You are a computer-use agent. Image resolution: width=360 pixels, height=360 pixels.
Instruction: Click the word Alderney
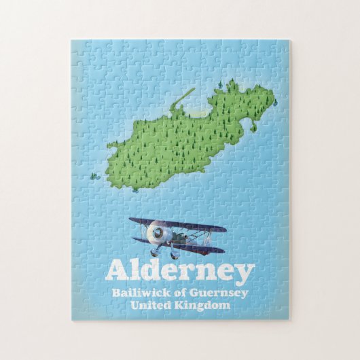pyautogui.click(x=179, y=272)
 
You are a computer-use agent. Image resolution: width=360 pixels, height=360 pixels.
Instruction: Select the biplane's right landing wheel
pyautogui.click(x=174, y=255)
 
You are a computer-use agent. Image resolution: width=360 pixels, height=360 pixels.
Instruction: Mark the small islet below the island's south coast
pyautogui.click(x=136, y=190)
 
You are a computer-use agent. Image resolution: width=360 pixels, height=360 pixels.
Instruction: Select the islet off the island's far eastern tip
pyautogui.click(x=274, y=103)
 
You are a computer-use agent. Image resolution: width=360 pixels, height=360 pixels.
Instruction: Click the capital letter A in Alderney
pyautogui.click(x=116, y=271)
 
